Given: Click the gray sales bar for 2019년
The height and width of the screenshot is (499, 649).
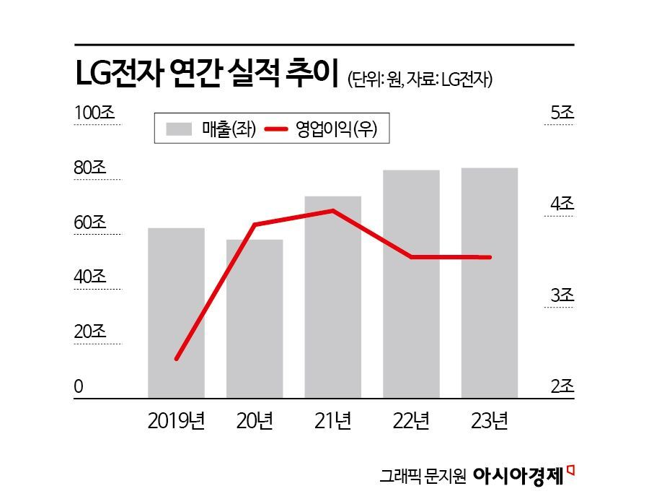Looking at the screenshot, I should [176, 313].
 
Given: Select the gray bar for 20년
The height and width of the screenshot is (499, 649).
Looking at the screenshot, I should [255, 318].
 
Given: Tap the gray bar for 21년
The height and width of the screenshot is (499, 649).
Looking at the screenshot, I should [333, 297].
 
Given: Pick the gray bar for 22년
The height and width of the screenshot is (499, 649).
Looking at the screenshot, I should [411, 284].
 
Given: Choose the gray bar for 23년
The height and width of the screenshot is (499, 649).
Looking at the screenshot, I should [490, 282].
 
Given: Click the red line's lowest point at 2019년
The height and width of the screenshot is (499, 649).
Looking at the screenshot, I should [177, 359].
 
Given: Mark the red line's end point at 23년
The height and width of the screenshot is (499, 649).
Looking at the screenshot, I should [490, 257].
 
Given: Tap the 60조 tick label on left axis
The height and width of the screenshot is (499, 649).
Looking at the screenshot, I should [90, 222].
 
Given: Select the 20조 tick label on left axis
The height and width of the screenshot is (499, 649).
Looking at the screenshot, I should [90, 332].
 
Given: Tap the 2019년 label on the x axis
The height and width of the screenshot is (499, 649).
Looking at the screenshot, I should [176, 420].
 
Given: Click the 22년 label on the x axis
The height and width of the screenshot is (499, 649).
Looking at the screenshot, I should [411, 420].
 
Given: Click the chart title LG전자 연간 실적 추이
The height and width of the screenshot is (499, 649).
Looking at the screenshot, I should [207, 76].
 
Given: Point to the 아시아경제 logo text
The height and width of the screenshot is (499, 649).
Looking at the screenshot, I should [519, 475].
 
